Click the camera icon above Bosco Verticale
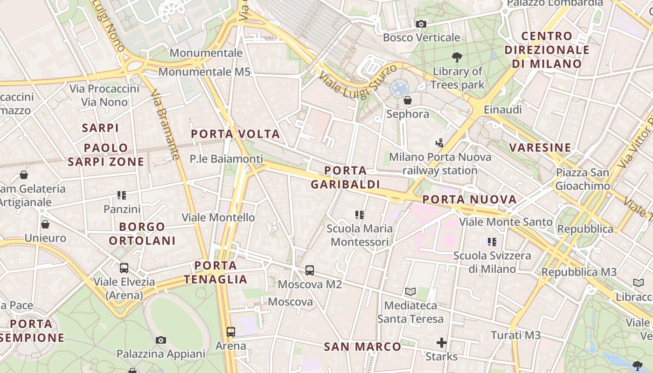click(x=421, y=24)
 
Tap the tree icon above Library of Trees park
click(x=457, y=57)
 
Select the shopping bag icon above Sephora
click(x=408, y=100)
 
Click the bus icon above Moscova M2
click(x=310, y=270)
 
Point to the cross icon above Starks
click(x=441, y=343)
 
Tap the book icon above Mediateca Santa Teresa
click(x=410, y=292)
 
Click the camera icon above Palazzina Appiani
click(x=161, y=340)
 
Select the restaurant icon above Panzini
click(x=122, y=195)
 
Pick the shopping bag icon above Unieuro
click(x=45, y=224)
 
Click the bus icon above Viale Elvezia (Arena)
click(x=124, y=268)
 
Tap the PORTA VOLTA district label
click(x=236, y=134)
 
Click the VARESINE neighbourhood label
click(x=540, y=148)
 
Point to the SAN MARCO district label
click(x=362, y=347)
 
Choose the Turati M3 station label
click(x=515, y=335)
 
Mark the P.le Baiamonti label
click(x=226, y=159)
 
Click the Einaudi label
click(x=502, y=110)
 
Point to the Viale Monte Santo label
click(x=506, y=222)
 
